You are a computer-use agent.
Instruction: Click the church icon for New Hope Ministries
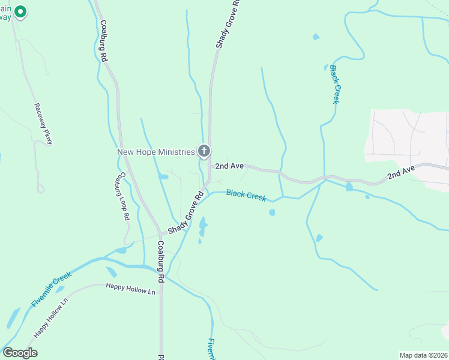[204, 151]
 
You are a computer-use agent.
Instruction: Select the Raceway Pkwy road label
[44, 124]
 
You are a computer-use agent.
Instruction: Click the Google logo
[20, 353]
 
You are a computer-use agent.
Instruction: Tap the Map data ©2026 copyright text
[423, 355]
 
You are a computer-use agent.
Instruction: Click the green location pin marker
[20, 12]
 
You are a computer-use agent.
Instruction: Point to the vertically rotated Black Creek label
[336, 85]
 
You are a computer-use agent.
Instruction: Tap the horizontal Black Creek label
[246, 196]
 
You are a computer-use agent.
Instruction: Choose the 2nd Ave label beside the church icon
[229, 165]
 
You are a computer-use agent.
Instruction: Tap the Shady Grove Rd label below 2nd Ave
[187, 214]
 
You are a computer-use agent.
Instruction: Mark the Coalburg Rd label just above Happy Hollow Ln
[160, 262]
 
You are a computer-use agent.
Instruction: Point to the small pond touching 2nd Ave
[349, 187]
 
